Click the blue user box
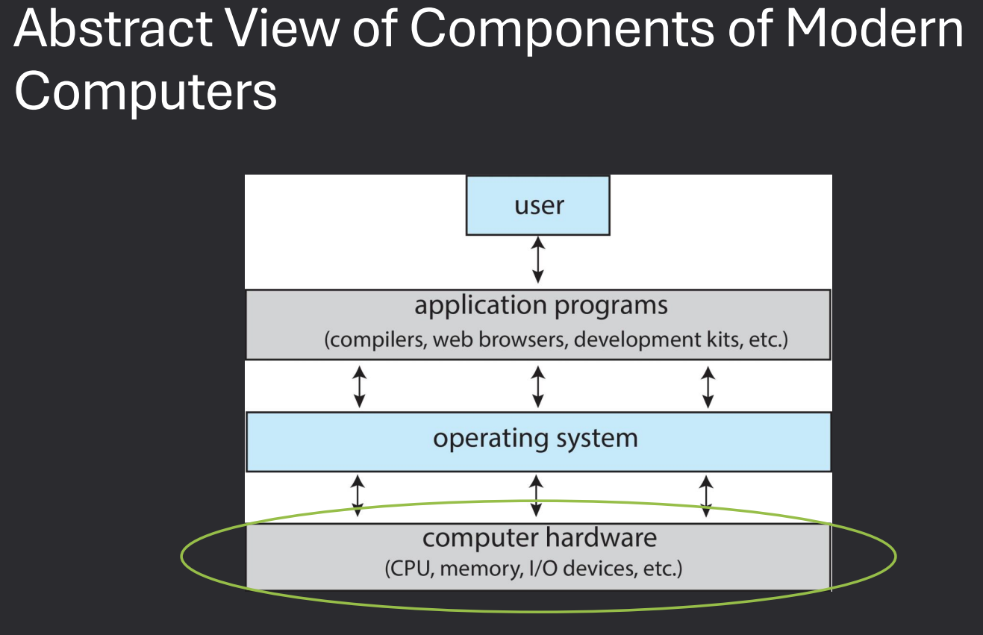[x=537, y=205]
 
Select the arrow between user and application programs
[x=537, y=260]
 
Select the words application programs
[x=541, y=306]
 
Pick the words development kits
[x=654, y=340]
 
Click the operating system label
[x=535, y=438]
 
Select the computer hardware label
[x=539, y=538]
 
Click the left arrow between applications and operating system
[x=359, y=387]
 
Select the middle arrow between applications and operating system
[x=537, y=387]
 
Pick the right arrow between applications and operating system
[x=708, y=387]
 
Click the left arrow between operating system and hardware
[x=358, y=496]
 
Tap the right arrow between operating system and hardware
[x=705, y=496]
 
